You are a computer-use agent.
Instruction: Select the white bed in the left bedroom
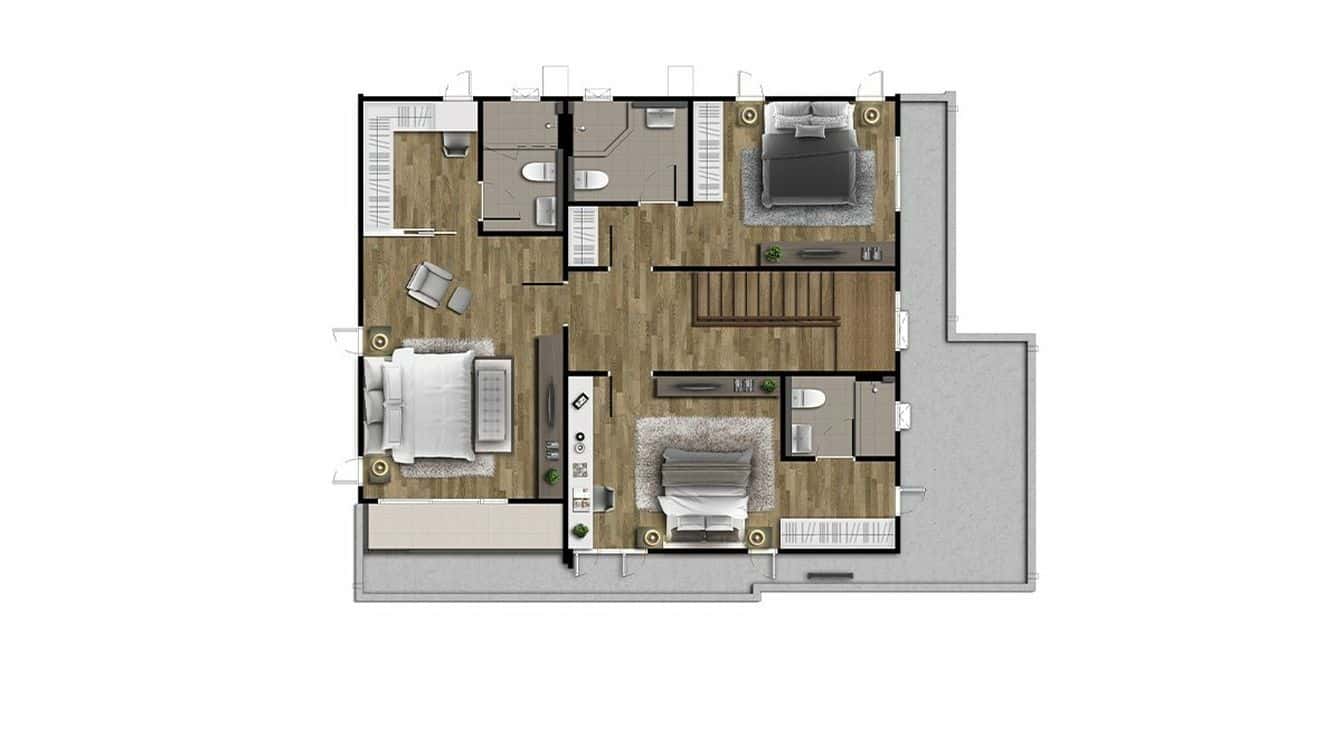click(430, 405)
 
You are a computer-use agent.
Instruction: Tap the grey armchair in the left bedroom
click(429, 283)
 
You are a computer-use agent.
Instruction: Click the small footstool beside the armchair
click(459, 299)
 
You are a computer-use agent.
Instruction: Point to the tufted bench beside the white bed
click(493, 405)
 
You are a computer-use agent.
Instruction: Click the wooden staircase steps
click(764, 296)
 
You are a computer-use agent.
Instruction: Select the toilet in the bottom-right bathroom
click(806, 399)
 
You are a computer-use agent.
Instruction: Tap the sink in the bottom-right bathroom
click(802, 438)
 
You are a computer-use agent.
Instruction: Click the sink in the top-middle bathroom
click(661, 118)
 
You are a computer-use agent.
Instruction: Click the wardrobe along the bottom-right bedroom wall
click(836, 533)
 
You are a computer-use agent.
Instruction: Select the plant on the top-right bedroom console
click(772, 254)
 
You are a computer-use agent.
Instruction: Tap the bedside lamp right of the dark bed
click(871, 115)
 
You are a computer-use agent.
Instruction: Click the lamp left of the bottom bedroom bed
click(652, 538)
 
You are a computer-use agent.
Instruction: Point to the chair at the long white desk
click(602, 497)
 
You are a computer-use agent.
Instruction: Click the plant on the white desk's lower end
click(579, 531)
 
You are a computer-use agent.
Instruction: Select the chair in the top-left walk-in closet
click(455, 147)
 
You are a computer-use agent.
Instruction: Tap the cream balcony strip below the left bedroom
click(463, 525)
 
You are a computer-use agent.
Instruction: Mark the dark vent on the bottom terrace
click(830, 576)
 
